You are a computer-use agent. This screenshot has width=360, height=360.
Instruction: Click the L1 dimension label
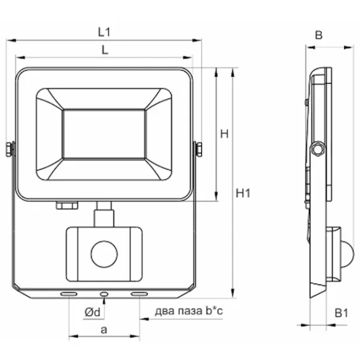[x=104, y=32]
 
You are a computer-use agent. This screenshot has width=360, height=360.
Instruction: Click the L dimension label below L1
[x=104, y=50]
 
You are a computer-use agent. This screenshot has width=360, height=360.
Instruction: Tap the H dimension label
[x=224, y=134]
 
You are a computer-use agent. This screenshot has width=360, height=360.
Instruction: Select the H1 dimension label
[x=243, y=193]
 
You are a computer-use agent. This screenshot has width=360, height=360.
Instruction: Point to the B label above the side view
[x=319, y=35]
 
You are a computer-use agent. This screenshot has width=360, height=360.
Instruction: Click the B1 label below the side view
[x=341, y=313]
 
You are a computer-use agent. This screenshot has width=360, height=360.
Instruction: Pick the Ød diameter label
[x=92, y=312]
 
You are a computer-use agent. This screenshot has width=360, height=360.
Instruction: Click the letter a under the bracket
[x=104, y=330]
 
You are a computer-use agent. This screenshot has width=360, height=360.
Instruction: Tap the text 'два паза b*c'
[x=189, y=311]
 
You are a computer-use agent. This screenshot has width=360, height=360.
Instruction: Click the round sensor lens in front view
[x=104, y=254]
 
